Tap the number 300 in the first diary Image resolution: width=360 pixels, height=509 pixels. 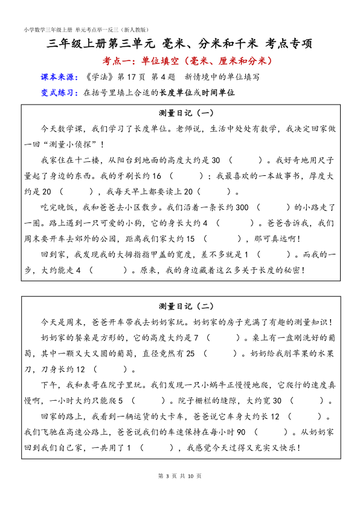(x=240, y=207)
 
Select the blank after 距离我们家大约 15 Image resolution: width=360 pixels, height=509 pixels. (x=223, y=239)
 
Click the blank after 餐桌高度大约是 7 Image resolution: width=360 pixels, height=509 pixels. (x=222, y=337)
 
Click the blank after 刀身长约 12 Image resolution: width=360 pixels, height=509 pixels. (x=111, y=369)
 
